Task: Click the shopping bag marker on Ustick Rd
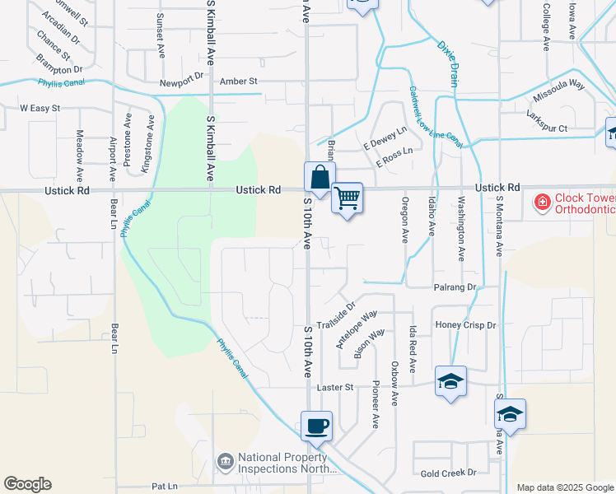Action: (x=320, y=176)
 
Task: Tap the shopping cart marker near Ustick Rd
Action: (x=348, y=198)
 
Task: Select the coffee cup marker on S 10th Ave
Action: (x=316, y=426)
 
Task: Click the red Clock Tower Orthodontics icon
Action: (x=542, y=201)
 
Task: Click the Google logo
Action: (x=27, y=484)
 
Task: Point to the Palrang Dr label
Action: (x=455, y=287)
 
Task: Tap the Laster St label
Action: (x=335, y=386)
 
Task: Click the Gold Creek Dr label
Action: (x=448, y=473)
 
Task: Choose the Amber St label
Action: (x=239, y=82)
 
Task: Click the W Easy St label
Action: (x=40, y=108)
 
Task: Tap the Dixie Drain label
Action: (x=447, y=63)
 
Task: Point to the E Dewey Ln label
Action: (x=385, y=137)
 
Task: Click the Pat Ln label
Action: (x=165, y=487)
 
